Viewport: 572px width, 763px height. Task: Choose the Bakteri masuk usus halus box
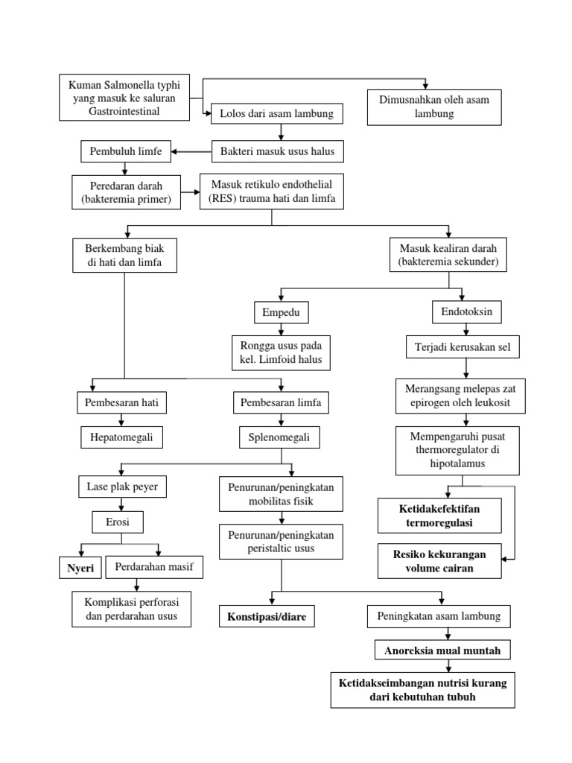click(x=278, y=152)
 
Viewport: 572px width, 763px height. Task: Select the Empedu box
click(x=281, y=311)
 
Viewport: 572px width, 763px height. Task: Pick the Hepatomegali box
click(x=121, y=438)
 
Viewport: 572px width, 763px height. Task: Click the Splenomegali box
click(x=279, y=438)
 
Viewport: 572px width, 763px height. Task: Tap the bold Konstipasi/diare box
click(x=267, y=617)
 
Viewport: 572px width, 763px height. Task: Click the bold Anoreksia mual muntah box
click(x=447, y=650)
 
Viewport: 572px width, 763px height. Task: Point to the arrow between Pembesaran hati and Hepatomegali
click(x=121, y=420)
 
